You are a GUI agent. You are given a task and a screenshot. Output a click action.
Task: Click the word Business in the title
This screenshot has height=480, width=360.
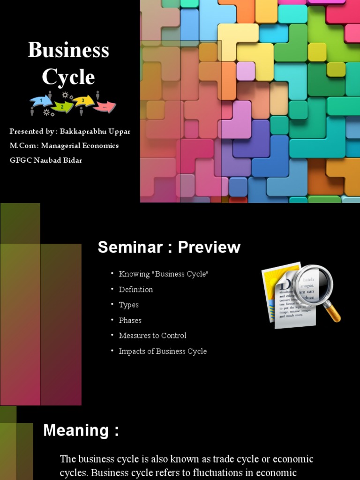click(x=68, y=50)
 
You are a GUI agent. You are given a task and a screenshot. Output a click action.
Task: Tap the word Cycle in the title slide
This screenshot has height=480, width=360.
click(x=68, y=77)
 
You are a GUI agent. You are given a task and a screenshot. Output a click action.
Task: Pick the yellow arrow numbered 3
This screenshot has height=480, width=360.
click(x=82, y=100)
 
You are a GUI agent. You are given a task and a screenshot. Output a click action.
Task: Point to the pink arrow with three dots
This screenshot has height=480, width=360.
click(x=105, y=107)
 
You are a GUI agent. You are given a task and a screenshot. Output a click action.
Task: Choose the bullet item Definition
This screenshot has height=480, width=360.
click(x=136, y=290)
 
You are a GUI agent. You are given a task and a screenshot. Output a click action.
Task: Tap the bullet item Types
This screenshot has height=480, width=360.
click(x=129, y=305)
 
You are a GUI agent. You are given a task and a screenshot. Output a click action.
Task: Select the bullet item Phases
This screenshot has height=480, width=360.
click(x=130, y=320)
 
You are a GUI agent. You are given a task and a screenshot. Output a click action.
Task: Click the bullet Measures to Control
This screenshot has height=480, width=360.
click(x=152, y=336)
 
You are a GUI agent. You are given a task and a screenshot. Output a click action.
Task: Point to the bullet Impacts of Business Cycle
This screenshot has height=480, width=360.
click(x=163, y=351)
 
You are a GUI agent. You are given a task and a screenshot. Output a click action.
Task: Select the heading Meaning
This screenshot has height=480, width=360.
click(x=81, y=430)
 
